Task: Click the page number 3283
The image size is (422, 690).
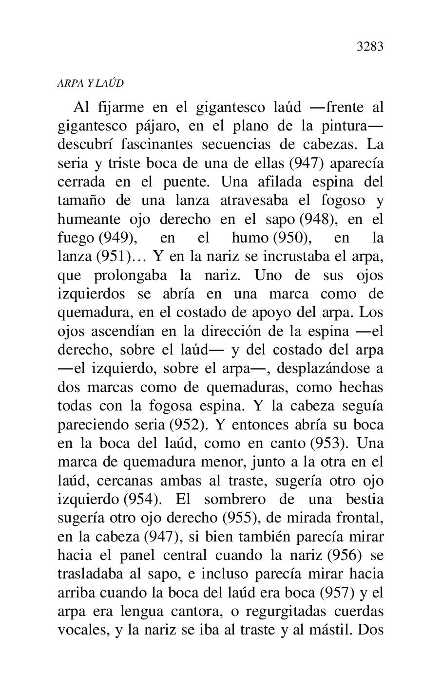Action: coord(370,47)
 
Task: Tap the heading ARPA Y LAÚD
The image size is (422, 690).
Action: coord(91,83)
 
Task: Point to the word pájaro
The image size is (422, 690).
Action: coord(158,126)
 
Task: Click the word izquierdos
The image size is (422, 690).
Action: coord(91,295)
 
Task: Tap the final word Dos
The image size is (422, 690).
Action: coord(371,630)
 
